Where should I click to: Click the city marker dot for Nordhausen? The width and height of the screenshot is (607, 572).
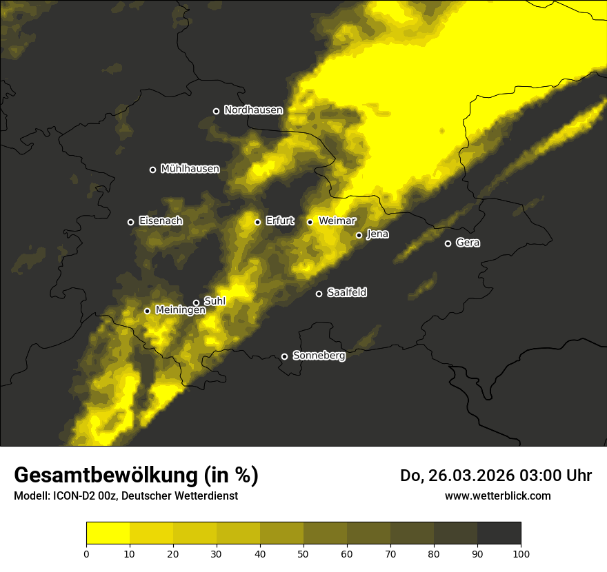216,111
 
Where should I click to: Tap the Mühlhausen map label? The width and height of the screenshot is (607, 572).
190,169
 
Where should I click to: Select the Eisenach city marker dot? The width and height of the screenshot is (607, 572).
130,222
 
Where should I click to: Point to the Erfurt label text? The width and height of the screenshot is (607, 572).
279,221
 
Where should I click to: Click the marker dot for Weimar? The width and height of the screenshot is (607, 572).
310,222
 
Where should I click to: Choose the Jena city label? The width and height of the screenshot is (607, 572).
377,234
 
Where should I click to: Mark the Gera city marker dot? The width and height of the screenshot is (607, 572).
448,243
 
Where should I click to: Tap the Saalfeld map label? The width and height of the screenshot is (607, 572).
346,293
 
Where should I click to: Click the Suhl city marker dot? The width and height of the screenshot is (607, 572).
196,303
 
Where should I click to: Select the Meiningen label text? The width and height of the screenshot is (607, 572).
180,311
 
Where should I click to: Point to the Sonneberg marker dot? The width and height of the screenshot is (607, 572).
284,356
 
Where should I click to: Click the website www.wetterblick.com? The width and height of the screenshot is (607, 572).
497,496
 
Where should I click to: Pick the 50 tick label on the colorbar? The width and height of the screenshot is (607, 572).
303,553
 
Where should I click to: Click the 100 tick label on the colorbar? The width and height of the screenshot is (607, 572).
521,553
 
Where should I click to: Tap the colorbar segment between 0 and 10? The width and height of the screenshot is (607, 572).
108,533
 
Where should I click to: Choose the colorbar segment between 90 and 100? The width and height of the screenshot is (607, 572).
499,533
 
